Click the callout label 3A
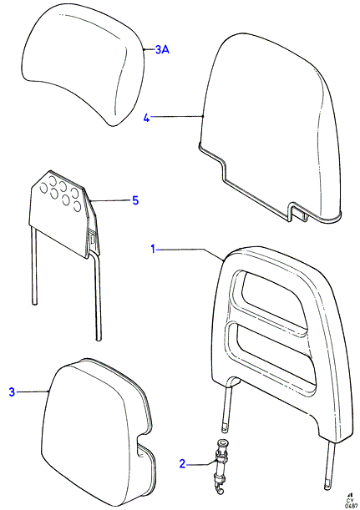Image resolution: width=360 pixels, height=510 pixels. click(x=162, y=50)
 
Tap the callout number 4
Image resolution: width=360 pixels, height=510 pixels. click(x=147, y=118)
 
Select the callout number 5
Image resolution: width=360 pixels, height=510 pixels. click(x=135, y=200)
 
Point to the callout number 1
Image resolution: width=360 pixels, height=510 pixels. click(x=153, y=250)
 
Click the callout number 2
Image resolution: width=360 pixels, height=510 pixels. click(x=182, y=464)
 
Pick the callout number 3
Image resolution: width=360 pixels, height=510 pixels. click(x=12, y=392)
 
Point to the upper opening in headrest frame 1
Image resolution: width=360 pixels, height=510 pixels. click(x=270, y=296)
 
